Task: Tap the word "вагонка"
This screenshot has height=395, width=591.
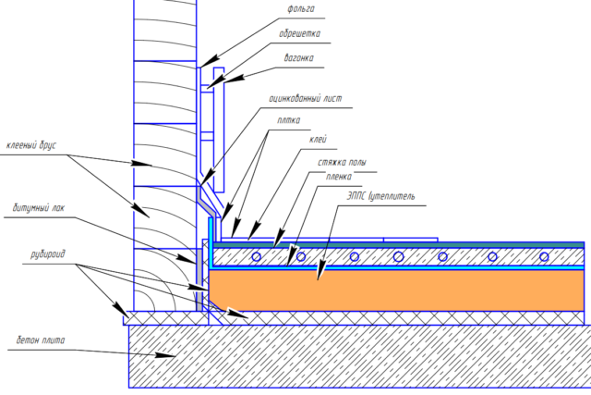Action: tap(299, 58)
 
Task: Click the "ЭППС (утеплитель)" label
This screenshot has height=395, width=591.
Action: tap(381, 197)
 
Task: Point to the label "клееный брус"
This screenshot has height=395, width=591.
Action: tap(31, 145)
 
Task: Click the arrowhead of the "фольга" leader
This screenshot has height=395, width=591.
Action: tap(200, 67)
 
